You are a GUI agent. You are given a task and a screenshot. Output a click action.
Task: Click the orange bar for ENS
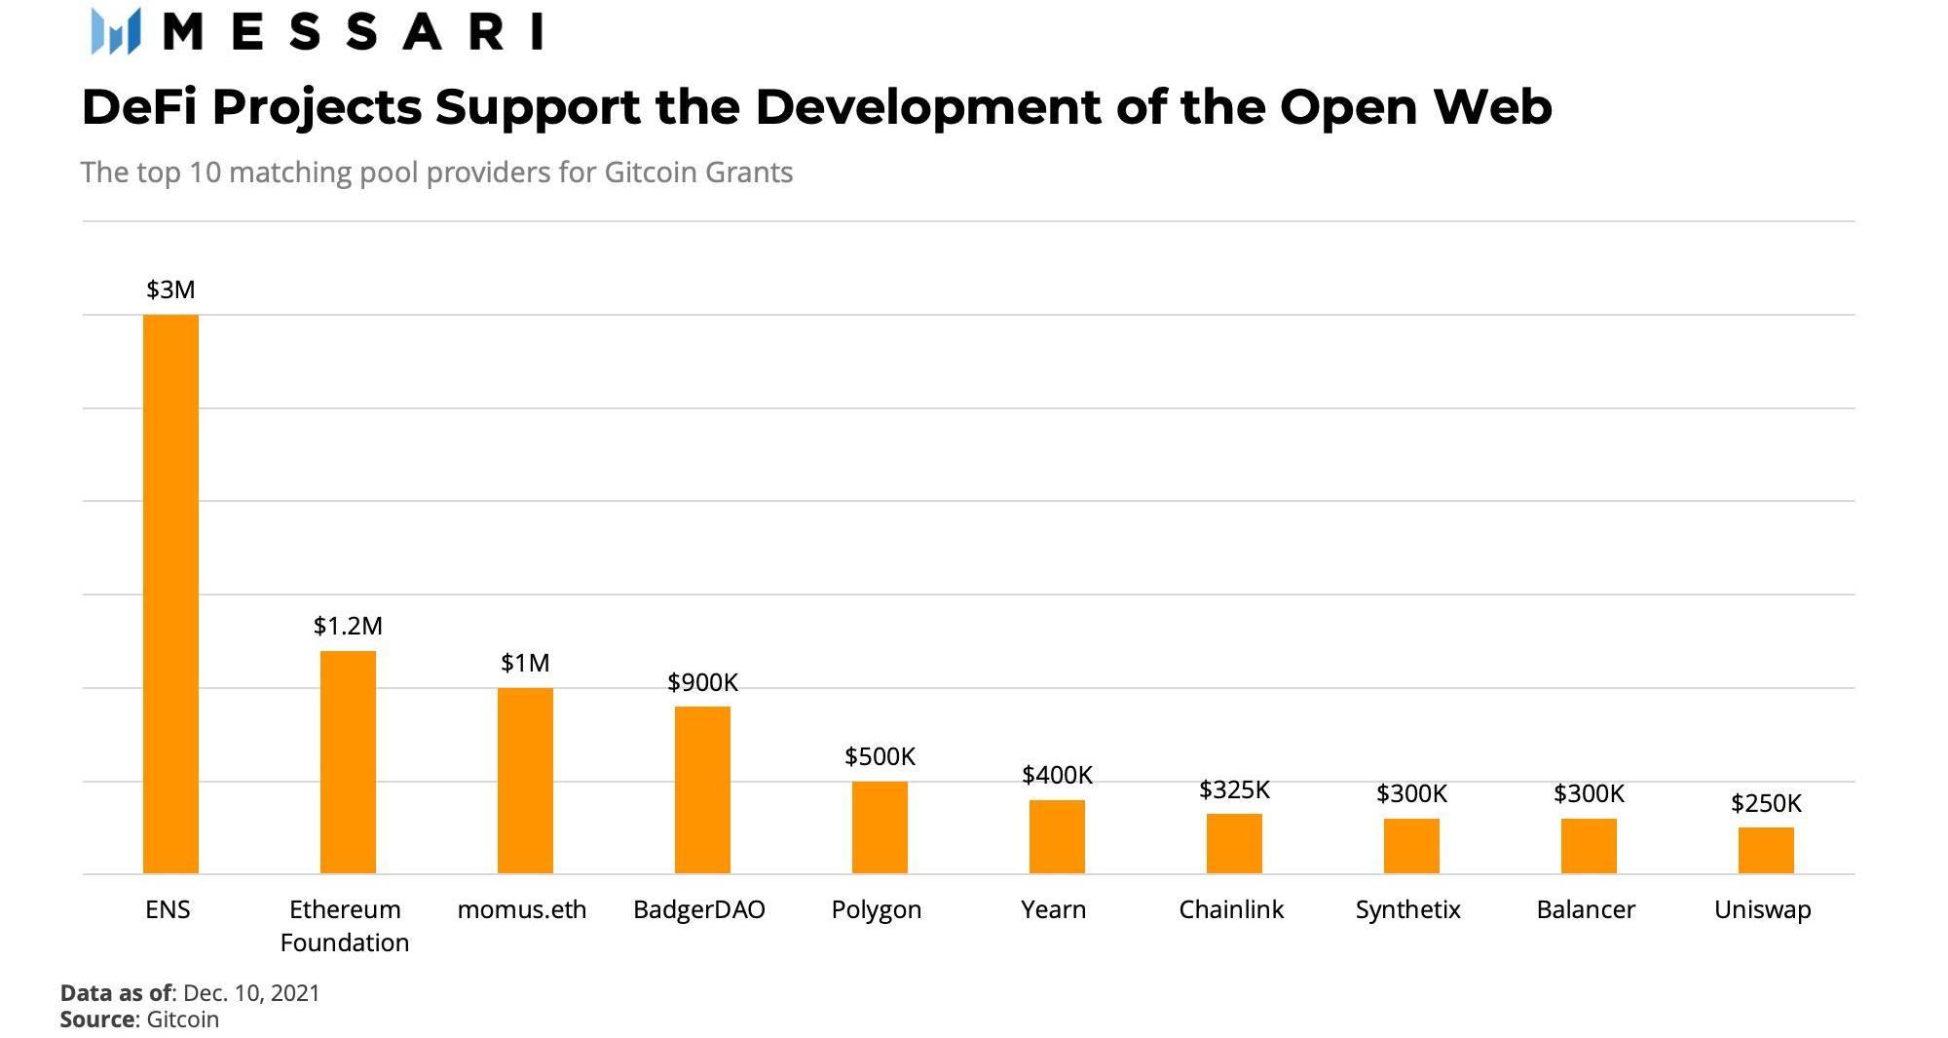point(170,594)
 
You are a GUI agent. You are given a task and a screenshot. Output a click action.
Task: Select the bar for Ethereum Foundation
point(348,762)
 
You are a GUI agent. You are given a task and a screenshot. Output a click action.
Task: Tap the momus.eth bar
point(525,781)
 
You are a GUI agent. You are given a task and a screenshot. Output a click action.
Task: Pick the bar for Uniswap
point(1766,850)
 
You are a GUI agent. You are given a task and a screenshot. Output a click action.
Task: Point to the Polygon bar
point(880,827)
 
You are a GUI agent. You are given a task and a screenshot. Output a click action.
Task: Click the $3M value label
point(170,289)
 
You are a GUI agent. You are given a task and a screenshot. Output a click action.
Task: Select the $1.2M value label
point(348,626)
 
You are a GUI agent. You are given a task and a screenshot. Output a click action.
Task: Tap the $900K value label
point(702,682)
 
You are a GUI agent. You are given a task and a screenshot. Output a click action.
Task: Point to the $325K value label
point(1234,789)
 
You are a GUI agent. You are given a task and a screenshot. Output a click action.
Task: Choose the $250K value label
point(1766,803)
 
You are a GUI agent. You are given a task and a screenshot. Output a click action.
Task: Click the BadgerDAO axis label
point(699,909)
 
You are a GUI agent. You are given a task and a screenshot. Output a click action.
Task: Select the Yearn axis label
point(1053,909)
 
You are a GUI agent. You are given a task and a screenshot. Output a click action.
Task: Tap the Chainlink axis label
point(1231,909)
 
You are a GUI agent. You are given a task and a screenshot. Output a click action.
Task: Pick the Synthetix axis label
point(1407,909)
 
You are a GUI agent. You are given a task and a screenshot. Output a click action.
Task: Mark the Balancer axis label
point(1586,909)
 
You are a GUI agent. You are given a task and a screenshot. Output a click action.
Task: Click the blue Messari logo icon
point(116,31)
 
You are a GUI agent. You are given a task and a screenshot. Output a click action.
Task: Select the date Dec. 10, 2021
point(251,993)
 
